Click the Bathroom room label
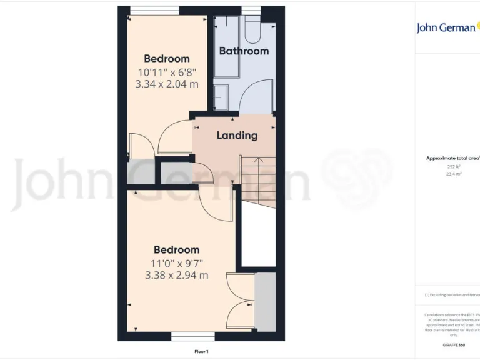[x=244, y=51]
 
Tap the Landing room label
[x=237, y=135]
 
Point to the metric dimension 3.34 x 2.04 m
[x=167, y=83]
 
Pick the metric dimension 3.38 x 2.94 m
[x=177, y=275]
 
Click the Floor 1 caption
[x=201, y=352]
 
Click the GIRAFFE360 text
[x=453, y=345]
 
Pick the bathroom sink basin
[x=222, y=97]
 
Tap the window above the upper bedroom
[x=154, y=10]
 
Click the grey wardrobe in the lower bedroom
[x=265, y=301]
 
